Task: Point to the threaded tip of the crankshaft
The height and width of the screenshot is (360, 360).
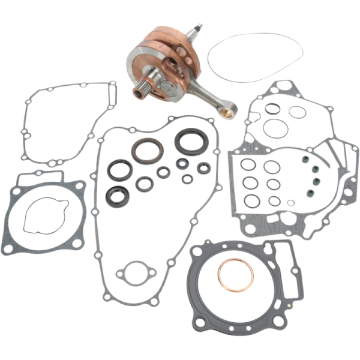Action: [x=197, y=28]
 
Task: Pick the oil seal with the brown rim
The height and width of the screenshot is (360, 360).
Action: [x=148, y=150]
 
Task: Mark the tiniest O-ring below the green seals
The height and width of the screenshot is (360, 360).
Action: [x=291, y=203]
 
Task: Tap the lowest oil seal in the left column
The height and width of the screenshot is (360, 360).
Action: [x=115, y=196]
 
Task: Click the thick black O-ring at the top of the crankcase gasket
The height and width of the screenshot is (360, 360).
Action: [x=273, y=110]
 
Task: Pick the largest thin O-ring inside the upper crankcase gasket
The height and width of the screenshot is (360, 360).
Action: [x=275, y=128]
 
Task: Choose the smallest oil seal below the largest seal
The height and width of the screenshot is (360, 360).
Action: [x=187, y=178]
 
